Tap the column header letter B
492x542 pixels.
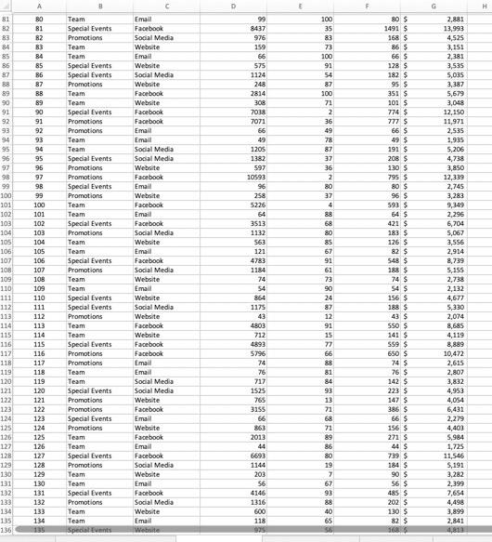click(x=99, y=7)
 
